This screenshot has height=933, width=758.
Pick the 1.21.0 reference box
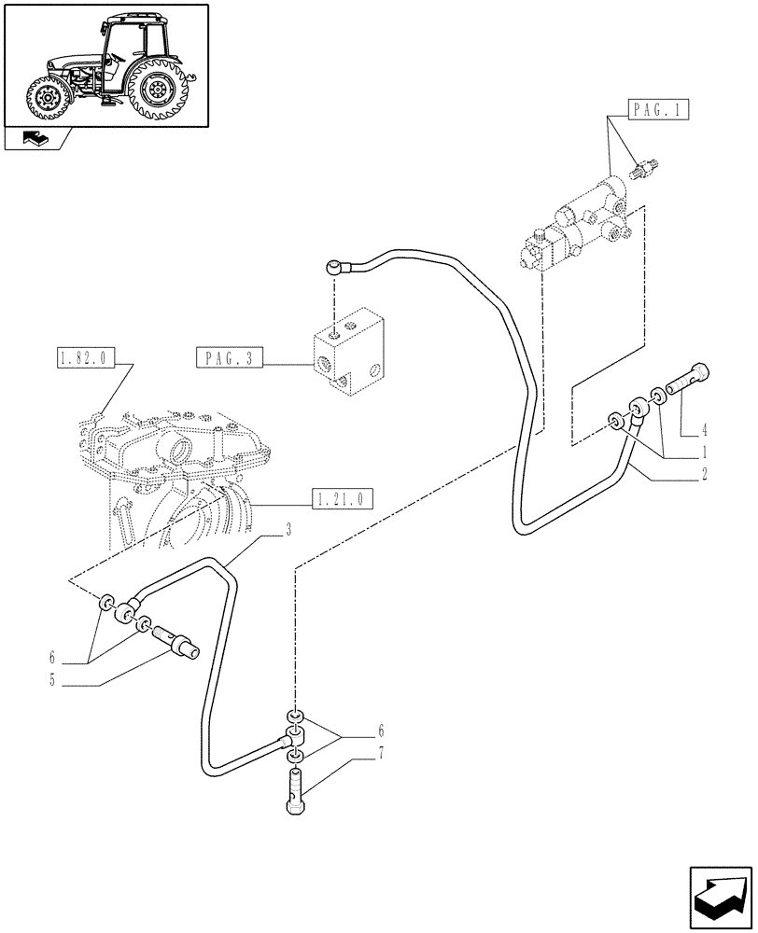[x=343, y=499]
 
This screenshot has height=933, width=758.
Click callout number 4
[x=705, y=430]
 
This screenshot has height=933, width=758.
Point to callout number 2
[x=705, y=473]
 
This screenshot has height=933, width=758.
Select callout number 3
[x=289, y=531]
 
